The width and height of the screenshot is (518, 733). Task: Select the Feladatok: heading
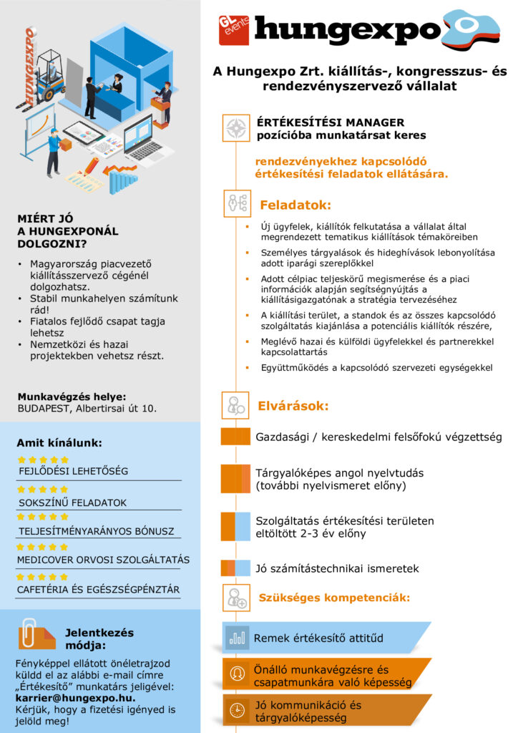point(295,205)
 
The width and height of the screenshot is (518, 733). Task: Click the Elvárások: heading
point(293,407)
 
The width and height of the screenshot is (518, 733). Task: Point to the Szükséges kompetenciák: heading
point(334,597)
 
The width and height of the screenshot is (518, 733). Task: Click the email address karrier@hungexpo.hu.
point(75,697)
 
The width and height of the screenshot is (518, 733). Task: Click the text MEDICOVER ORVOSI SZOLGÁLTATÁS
point(103,559)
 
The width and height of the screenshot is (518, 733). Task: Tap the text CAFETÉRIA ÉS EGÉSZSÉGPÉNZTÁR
point(98,589)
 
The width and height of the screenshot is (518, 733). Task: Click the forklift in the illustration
point(48,76)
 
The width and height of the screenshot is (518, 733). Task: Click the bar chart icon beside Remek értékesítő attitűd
point(236,637)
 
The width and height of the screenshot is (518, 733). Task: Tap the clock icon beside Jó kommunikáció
point(235,709)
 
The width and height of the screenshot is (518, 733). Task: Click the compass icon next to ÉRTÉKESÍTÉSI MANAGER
point(235,127)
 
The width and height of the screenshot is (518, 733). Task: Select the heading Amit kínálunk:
point(59,442)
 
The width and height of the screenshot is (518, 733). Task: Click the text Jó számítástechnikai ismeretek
point(337,569)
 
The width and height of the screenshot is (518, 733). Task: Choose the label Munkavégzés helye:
point(71,396)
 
